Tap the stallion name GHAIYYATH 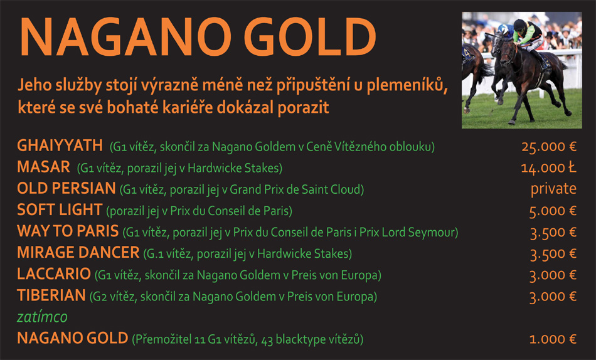[x=60, y=146]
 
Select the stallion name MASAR [x=44, y=167]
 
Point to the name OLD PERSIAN [x=66, y=188]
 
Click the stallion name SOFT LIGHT [x=60, y=210]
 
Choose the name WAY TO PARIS [x=68, y=231]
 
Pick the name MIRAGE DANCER [x=78, y=252]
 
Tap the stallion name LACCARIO [x=54, y=273]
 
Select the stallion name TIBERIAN [x=51, y=295]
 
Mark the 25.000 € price [x=549, y=147]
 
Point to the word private [x=553, y=189]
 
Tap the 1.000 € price [x=553, y=339]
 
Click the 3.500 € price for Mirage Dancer [x=553, y=254]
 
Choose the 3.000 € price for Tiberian [x=553, y=297]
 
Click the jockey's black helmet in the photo [x=519, y=24]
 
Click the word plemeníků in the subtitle [x=407, y=85]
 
